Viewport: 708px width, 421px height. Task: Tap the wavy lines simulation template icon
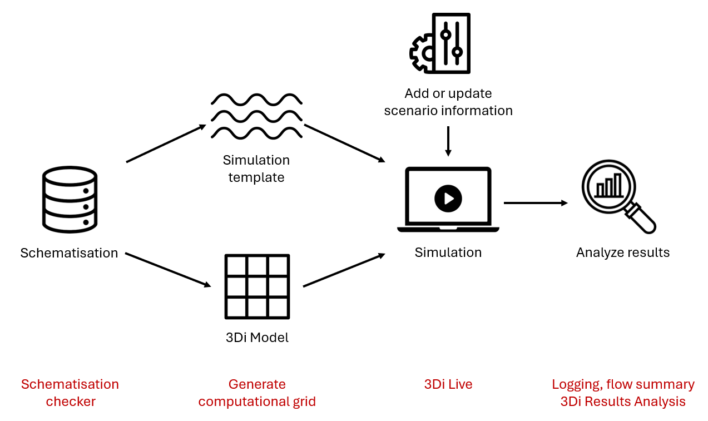tap(256, 116)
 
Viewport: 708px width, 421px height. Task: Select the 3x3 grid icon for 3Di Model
tap(257, 286)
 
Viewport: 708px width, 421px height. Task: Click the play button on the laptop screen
tap(448, 199)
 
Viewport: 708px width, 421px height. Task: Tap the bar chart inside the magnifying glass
tap(609, 186)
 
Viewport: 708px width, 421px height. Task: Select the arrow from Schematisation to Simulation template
tap(166, 143)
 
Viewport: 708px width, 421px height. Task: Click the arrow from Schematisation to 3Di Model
tap(168, 270)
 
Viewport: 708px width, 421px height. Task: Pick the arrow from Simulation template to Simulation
tap(345, 143)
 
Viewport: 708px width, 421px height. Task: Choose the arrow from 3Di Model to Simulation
tap(344, 270)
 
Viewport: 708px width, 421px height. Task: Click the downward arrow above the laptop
tap(448, 141)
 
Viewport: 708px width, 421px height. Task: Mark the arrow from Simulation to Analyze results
tap(535, 203)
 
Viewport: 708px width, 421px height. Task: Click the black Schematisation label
tap(69, 253)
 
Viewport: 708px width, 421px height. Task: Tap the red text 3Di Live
tap(448, 384)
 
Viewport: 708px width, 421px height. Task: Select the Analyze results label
tap(623, 252)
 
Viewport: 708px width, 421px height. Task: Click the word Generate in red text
tap(257, 384)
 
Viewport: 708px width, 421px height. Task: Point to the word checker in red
tap(71, 402)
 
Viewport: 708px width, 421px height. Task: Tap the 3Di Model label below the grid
tap(257, 338)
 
